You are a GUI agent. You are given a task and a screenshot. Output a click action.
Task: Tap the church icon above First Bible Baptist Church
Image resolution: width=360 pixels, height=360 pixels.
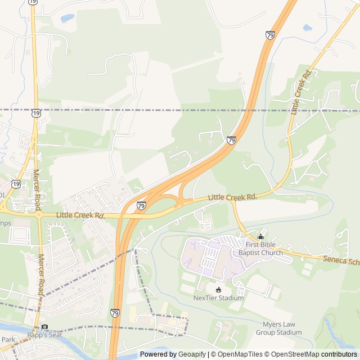[260, 237]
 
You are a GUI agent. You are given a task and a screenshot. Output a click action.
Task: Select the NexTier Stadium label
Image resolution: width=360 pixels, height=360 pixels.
[219, 298]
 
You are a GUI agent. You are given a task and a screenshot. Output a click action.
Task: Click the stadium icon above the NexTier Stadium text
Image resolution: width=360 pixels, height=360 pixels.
[219, 289]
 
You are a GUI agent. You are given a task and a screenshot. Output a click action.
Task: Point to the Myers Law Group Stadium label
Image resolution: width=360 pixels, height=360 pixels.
[282, 328]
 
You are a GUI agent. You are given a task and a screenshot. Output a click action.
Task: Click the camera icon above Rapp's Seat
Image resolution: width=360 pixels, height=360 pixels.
[44, 327]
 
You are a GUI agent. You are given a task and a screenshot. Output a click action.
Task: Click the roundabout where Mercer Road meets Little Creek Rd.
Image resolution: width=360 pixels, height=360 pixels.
[39, 214]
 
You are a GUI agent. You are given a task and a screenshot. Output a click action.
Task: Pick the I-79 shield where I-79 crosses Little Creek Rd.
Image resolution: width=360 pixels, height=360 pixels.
[141, 206]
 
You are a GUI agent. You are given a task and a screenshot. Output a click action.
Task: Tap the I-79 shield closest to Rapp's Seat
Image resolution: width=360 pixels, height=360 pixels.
[115, 312]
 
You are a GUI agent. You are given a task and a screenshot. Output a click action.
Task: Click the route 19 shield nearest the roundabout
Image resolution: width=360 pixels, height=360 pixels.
[16, 184]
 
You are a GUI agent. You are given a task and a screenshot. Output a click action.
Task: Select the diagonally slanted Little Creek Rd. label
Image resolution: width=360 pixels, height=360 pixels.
[300, 92]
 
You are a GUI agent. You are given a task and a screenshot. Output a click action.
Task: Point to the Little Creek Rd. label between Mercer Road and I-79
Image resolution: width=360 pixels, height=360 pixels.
[80, 215]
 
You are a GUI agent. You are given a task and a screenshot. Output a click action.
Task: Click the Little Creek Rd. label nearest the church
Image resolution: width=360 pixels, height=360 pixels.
[232, 197]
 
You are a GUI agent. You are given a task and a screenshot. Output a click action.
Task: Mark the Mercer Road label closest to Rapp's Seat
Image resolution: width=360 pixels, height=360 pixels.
[40, 274]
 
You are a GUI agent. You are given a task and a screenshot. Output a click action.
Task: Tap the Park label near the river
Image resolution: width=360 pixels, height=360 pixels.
[8, 339]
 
